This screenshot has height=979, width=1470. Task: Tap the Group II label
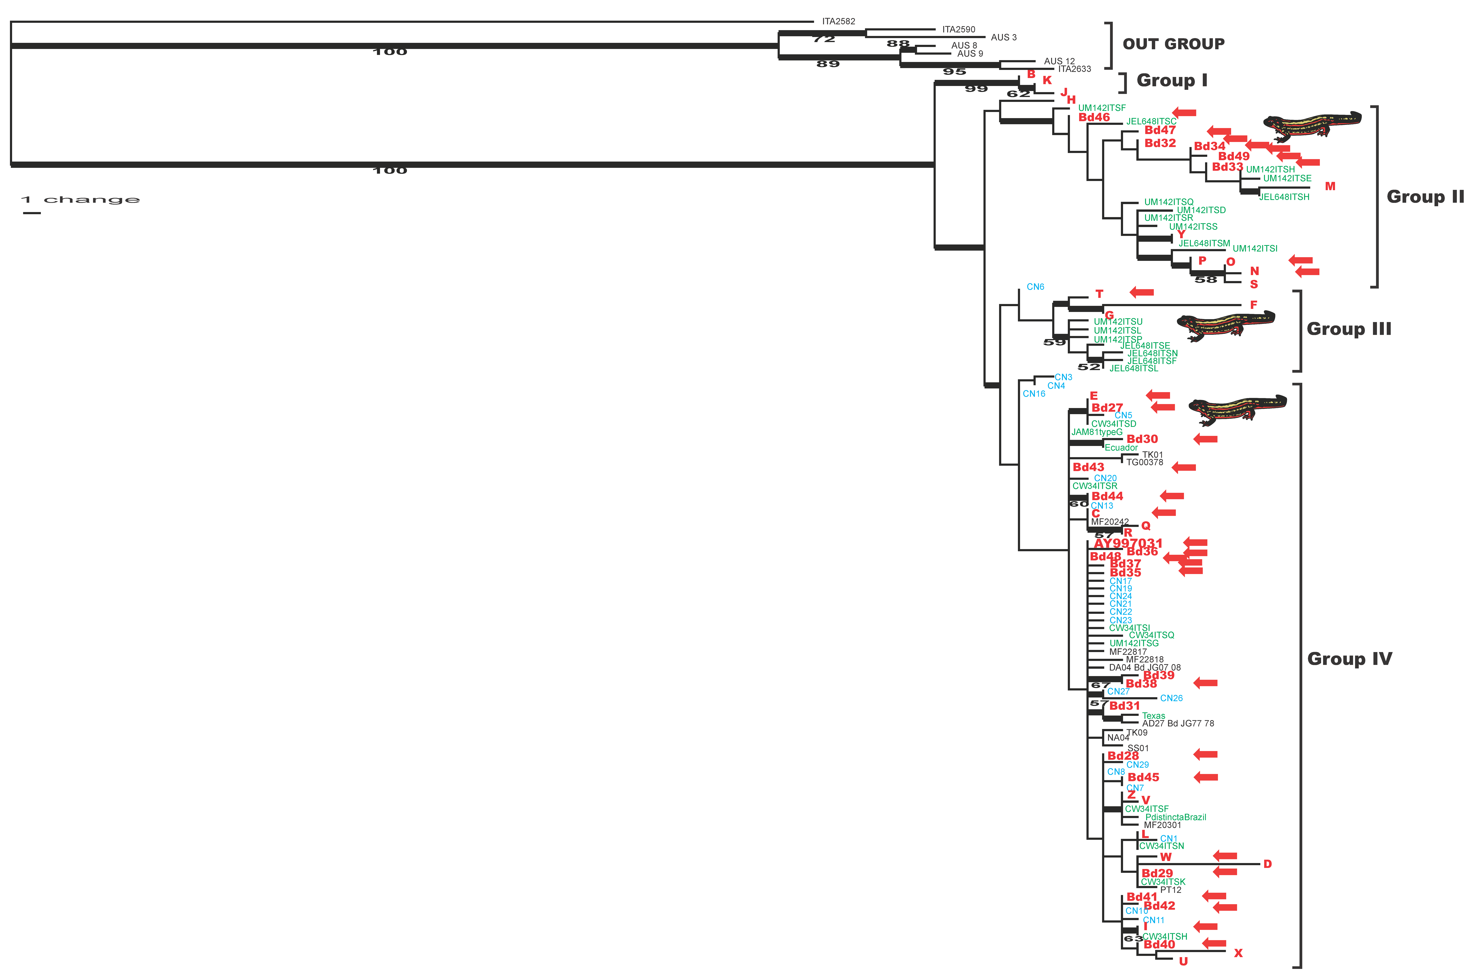click(x=1425, y=197)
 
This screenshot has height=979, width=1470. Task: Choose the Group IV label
click(x=1349, y=659)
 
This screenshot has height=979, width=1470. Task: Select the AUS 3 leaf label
click(x=1004, y=37)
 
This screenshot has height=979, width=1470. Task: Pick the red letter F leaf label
click(x=1253, y=305)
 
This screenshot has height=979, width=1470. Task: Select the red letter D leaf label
click(x=1267, y=864)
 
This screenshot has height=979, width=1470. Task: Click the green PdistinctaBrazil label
click(x=1175, y=817)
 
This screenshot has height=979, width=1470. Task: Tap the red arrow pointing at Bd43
click(x=1183, y=467)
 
